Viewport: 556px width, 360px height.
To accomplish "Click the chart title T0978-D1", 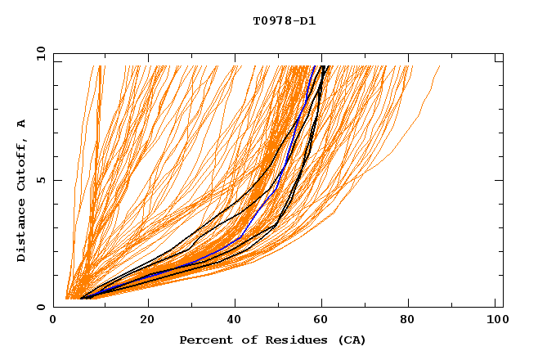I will click(x=284, y=21).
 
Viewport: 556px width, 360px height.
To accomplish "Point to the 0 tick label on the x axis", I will click(x=53, y=322).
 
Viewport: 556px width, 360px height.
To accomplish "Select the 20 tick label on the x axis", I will click(x=148, y=322).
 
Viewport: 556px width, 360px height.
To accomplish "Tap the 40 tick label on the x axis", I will click(x=237, y=322).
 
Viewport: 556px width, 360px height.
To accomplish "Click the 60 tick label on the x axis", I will click(x=325, y=322).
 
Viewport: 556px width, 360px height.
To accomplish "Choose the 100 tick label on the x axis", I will click(x=496, y=322).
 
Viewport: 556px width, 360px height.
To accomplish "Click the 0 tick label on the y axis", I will click(x=40, y=307).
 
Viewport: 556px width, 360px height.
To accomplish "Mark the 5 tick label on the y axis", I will click(x=40, y=180).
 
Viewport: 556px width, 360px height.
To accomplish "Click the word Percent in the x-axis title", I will click(x=203, y=340).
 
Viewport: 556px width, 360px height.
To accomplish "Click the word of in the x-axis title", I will click(x=245, y=340).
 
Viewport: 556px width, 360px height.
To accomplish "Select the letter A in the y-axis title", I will click(x=22, y=123).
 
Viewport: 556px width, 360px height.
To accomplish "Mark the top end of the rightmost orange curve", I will click(x=440, y=66).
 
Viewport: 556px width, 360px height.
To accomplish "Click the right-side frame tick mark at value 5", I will click(x=500, y=180).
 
